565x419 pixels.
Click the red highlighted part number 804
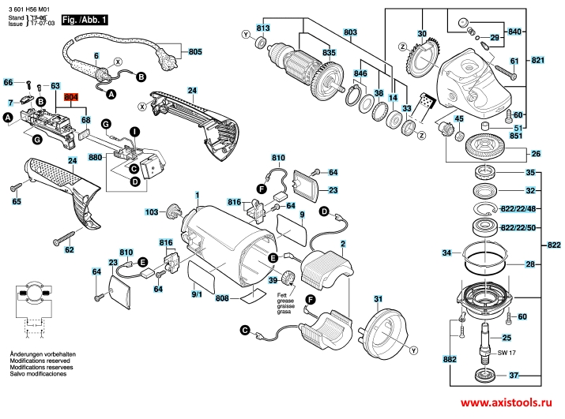[x=72, y=96]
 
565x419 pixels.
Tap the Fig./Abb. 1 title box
[x=86, y=17]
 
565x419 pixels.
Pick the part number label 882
[x=450, y=359]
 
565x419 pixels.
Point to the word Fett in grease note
[x=281, y=294]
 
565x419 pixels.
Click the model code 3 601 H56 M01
[x=29, y=6]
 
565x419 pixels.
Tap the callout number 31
[x=378, y=298]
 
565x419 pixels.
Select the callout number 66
[x=9, y=82]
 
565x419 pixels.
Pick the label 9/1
[x=197, y=294]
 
